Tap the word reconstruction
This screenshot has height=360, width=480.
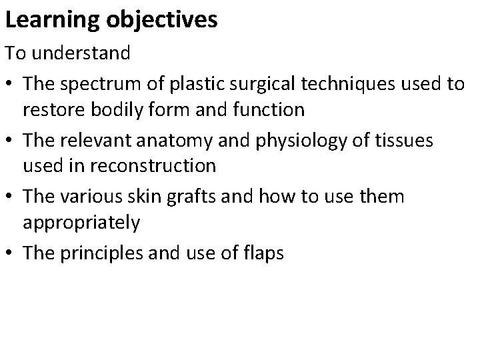tap(155, 165)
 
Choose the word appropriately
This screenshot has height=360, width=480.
tap(81, 222)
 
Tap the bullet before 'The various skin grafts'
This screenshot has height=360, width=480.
tap(11, 197)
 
